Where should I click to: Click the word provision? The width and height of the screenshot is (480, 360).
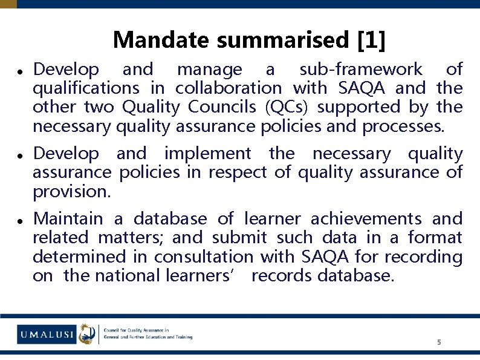[x=71, y=192]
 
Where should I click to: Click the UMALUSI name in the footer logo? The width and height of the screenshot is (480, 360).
[x=46, y=333]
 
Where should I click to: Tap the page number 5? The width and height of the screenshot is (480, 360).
[x=439, y=342]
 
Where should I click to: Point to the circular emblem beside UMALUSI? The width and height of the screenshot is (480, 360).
[x=88, y=333]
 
